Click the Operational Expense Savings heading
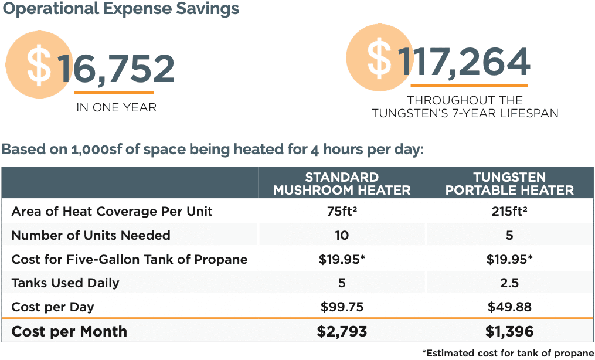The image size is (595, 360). click(x=121, y=9)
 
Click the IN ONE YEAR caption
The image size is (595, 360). click(x=117, y=108)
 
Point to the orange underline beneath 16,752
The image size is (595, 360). click(x=114, y=92)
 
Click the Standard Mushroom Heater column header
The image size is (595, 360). click(x=342, y=184)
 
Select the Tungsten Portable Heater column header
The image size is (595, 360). click(x=509, y=184)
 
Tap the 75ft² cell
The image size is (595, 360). click(x=342, y=212)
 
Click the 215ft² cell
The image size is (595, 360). click(x=509, y=212)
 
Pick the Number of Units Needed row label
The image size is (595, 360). click(x=91, y=236)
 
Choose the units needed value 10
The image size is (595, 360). click(x=342, y=236)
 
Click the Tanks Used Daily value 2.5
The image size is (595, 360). click(x=509, y=283)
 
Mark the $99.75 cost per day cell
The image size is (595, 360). click(x=342, y=307)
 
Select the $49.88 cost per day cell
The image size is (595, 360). click(x=509, y=307)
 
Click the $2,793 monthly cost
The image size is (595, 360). click(x=342, y=331)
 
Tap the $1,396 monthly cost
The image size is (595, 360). click(x=509, y=331)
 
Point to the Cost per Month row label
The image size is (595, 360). click(x=69, y=331)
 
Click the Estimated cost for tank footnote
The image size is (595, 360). click(x=508, y=353)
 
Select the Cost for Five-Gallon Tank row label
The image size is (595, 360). click(x=130, y=260)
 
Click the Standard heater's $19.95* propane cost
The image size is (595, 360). click(x=342, y=260)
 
